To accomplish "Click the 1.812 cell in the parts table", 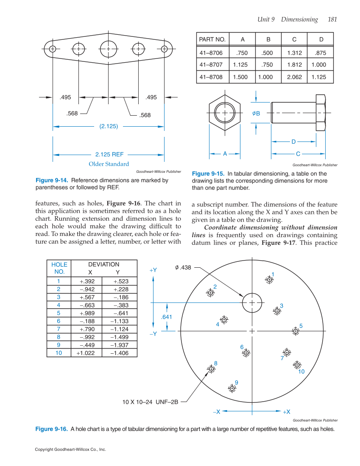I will [x=294, y=65].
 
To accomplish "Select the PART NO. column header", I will [x=212, y=39].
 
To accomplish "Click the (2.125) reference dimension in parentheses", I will [x=109, y=126].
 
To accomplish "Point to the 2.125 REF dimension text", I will [x=109, y=155].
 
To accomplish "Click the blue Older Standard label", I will [x=109, y=164].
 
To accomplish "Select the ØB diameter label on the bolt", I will [x=256, y=113].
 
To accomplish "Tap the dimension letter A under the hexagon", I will [x=225, y=154].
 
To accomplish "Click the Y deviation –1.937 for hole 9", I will [x=119, y=345].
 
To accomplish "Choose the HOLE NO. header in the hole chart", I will [x=59, y=268].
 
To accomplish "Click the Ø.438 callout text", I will [x=183, y=267].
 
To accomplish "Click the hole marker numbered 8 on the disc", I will [x=211, y=369].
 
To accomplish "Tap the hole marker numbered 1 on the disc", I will [x=268, y=280].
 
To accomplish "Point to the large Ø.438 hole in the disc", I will [x=252, y=302].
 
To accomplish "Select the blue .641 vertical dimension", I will [x=167, y=317].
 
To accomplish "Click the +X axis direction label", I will [x=286, y=412].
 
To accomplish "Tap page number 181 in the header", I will [x=332, y=19].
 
